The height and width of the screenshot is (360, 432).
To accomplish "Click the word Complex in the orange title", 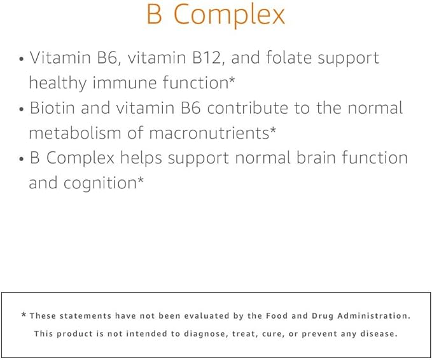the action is [x=229, y=16].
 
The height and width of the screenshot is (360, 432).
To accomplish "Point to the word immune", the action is [x=125, y=83].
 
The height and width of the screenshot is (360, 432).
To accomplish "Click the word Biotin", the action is [x=52, y=107].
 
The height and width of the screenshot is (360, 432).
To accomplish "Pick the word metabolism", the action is [x=75, y=133].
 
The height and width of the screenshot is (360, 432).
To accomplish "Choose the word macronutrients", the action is [x=209, y=133].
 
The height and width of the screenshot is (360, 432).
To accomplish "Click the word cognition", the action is [x=101, y=184].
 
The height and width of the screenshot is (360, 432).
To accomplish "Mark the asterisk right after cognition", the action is [x=141, y=181].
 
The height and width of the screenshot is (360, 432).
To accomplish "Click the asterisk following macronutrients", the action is [x=272, y=130].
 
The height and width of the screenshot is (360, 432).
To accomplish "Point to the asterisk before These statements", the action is [x=24, y=315].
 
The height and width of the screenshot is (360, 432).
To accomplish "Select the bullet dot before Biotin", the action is [x=22, y=109].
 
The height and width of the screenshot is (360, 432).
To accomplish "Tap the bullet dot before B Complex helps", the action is [x=22, y=159].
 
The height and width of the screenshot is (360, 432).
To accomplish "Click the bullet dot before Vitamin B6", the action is [x=22, y=59].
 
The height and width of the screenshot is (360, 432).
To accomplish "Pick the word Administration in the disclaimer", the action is [x=374, y=315].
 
